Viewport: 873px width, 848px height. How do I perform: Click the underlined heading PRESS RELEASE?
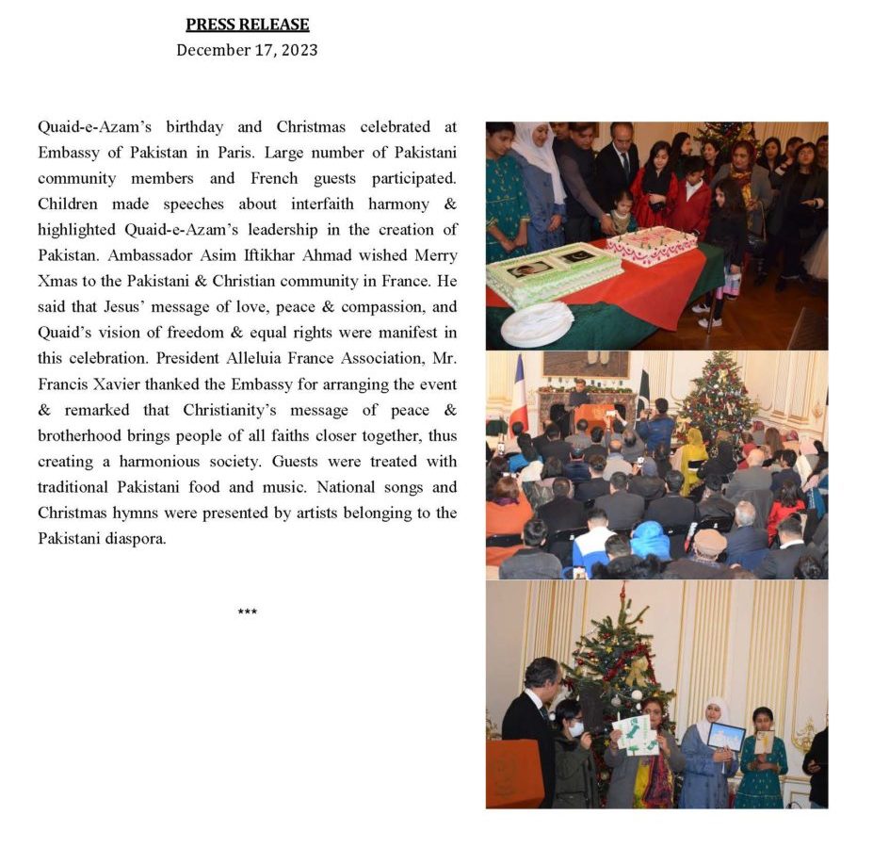click(x=247, y=24)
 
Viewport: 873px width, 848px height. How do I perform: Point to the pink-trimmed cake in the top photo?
click(x=651, y=244)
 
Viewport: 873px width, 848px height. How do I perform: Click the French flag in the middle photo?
click(x=518, y=396)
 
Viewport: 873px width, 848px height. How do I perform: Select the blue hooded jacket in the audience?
click(x=650, y=540)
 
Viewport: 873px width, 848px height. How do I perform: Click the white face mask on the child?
click(x=574, y=728)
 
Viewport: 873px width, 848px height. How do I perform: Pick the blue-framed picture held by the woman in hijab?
click(x=725, y=737)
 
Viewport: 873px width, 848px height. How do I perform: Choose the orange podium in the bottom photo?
click(x=514, y=773)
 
